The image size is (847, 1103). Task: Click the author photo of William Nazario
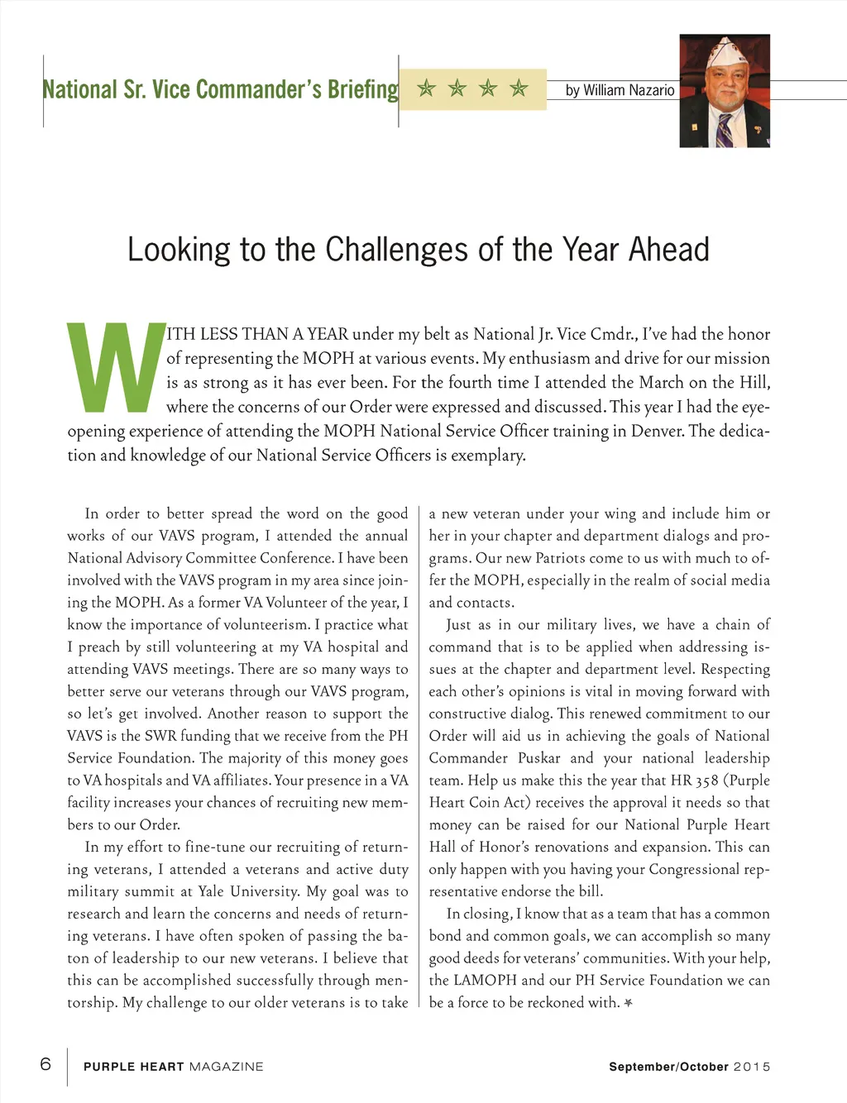pyautogui.click(x=725, y=91)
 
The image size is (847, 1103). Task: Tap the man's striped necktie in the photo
pyautogui.click(x=725, y=131)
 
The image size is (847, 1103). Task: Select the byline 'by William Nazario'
pyautogui.click(x=620, y=90)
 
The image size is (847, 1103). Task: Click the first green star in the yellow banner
pyautogui.click(x=427, y=88)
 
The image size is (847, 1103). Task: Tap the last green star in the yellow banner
pyautogui.click(x=519, y=88)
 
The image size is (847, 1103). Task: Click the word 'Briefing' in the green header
pyautogui.click(x=363, y=89)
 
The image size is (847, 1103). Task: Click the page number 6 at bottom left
pyautogui.click(x=45, y=1063)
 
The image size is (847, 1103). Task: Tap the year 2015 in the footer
pyautogui.click(x=752, y=1067)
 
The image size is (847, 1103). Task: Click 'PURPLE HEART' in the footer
pyautogui.click(x=133, y=1067)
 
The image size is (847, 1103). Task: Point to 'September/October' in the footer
pyautogui.click(x=668, y=1067)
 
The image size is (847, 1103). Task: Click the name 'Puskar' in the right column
pyautogui.click(x=539, y=758)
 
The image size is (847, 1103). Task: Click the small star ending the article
pyautogui.click(x=629, y=1003)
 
